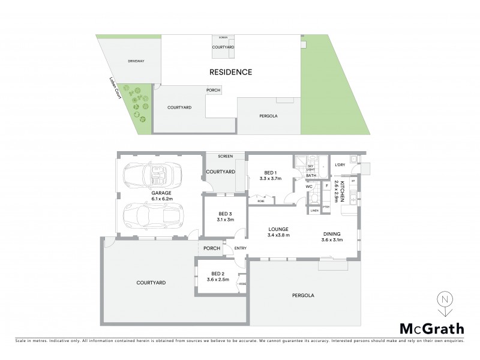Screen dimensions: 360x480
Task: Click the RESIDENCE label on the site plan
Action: coord(230,72)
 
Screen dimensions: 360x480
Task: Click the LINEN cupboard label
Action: coord(314,211)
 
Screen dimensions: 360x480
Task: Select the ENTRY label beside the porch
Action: coord(240,249)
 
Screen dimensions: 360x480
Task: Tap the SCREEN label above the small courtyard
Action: coord(225,157)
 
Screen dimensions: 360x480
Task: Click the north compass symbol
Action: coord(444,302)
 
